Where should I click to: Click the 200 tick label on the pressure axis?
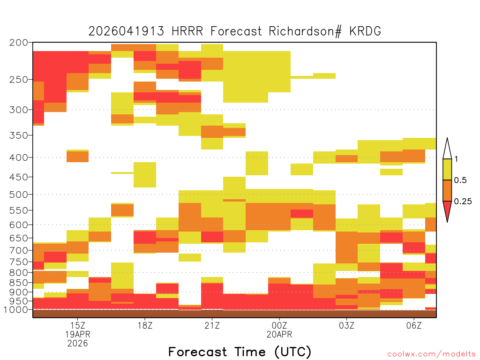pos(18,42)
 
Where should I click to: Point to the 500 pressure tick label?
pos(18,195)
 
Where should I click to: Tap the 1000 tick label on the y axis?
pos(16,310)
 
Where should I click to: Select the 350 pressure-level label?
pos(18,135)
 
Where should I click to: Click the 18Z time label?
pos(145,325)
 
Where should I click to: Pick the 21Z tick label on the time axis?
pos(212,325)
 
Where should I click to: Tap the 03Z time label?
pos(346,325)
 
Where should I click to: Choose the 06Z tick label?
pos(414,325)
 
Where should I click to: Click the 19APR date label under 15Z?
pos(78,334)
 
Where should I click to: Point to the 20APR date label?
pos(279,334)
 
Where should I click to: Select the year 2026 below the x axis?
pos(78,344)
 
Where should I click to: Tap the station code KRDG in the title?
pos(365,31)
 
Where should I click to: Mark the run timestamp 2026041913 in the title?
pos(126,31)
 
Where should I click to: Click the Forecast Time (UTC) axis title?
pos(240,352)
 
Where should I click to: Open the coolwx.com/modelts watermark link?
pos(431,354)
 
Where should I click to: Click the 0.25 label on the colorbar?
pos(463,202)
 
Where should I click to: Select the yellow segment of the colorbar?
pos(447,169)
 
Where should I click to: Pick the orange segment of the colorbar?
pos(447,190)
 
